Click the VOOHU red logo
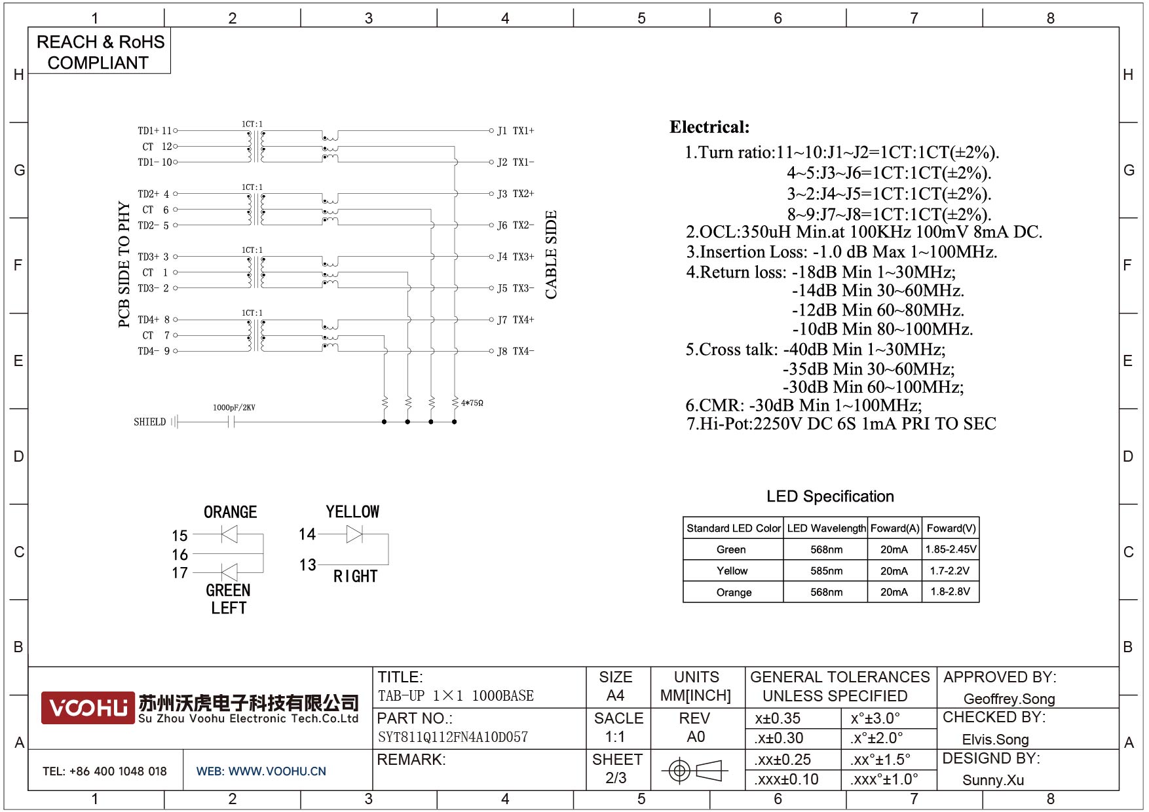click(88, 708)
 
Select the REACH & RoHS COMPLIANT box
click(100, 50)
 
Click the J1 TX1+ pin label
click(516, 131)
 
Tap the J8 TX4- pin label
click(516, 352)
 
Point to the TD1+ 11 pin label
click(155, 131)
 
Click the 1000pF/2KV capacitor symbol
click(231, 422)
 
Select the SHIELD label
click(149, 422)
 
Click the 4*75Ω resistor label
click(472, 403)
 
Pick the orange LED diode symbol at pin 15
click(229, 535)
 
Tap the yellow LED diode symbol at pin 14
click(354, 534)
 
